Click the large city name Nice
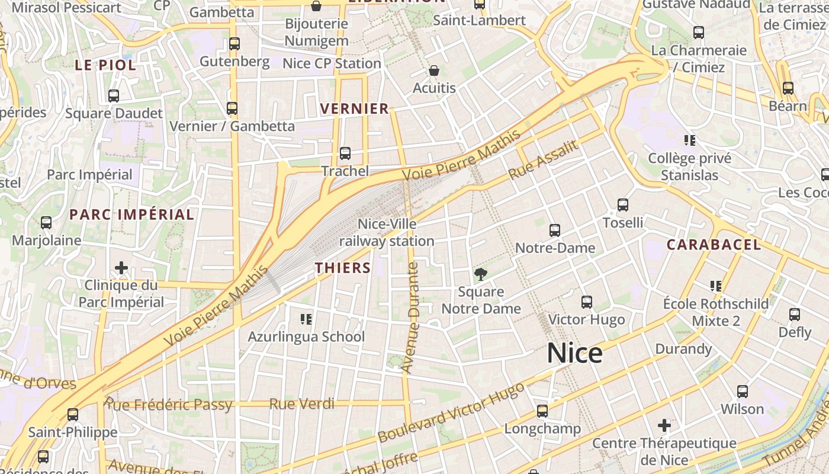pyautogui.click(x=574, y=353)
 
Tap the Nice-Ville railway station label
pyautogui.click(x=387, y=233)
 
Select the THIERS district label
pyautogui.click(x=343, y=268)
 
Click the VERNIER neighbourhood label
pyautogui.click(x=354, y=108)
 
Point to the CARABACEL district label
pyautogui.click(x=714, y=245)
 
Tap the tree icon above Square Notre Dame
pyautogui.click(x=481, y=274)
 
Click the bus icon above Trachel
pyautogui.click(x=345, y=153)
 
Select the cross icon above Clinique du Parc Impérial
pyautogui.click(x=121, y=268)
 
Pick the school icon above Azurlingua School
pyautogui.click(x=306, y=319)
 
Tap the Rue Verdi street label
pyautogui.click(x=301, y=404)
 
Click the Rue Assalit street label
pyautogui.click(x=543, y=160)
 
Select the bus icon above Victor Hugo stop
pyautogui.click(x=586, y=302)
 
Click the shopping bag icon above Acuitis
pyautogui.click(x=434, y=71)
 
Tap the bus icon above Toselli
pyautogui.click(x=622, y=205)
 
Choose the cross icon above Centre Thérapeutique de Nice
pyautogui.click(x=664, y=425)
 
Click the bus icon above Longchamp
pyautogui.click(x=542, y=411)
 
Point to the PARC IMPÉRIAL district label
pyautogui.click(x=132, y=214)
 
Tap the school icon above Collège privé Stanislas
pyautogui.click(x=689, y=140)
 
